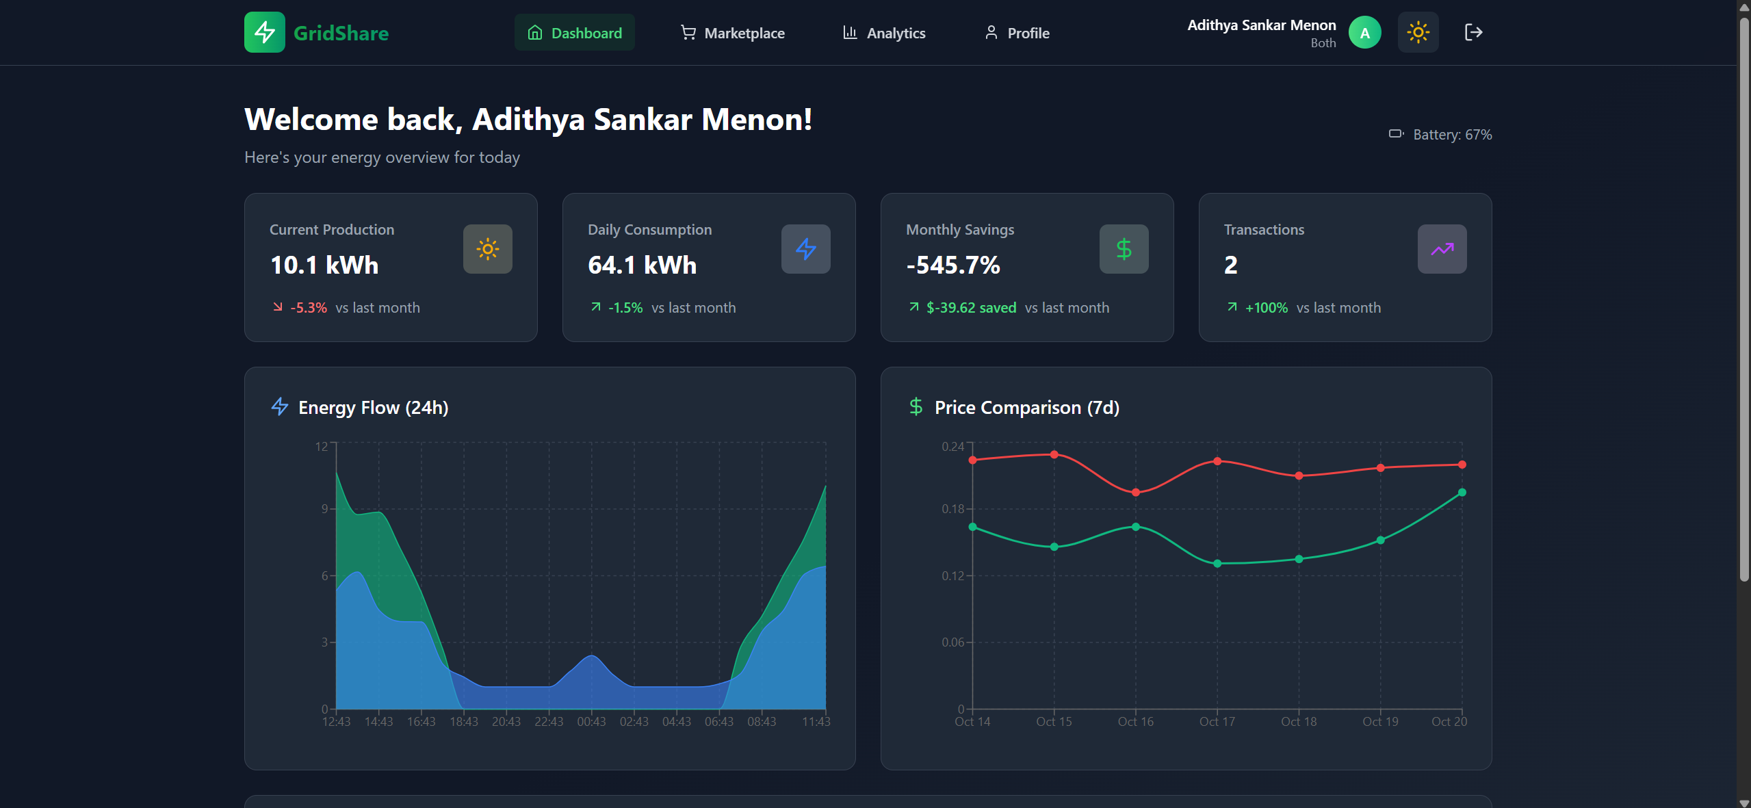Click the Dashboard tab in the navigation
[x=574, y=33]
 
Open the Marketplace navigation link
[x=732, y=33]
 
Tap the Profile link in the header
[x=1017, y=33]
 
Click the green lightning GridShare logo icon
[x=265, y=32]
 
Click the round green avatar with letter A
[x=1364, y=33]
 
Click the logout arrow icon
[x=1473, y=32]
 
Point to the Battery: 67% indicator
[x=1440, y=135]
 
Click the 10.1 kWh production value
[x=324, y=265]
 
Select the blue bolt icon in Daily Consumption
[x=805, y=249]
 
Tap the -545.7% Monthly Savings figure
[x=953, y=265]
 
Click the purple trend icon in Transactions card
[x=1442, y=249]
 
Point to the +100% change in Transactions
[x=1266, y=308]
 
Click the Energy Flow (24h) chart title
[x=373, y=408]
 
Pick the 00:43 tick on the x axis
[x=591, y=722]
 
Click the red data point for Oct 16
[x=1136, y=493]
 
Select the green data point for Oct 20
[x=1462, y=493]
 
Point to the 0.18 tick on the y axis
[x=952, y=509]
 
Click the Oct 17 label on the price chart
[x=1217, y=722]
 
